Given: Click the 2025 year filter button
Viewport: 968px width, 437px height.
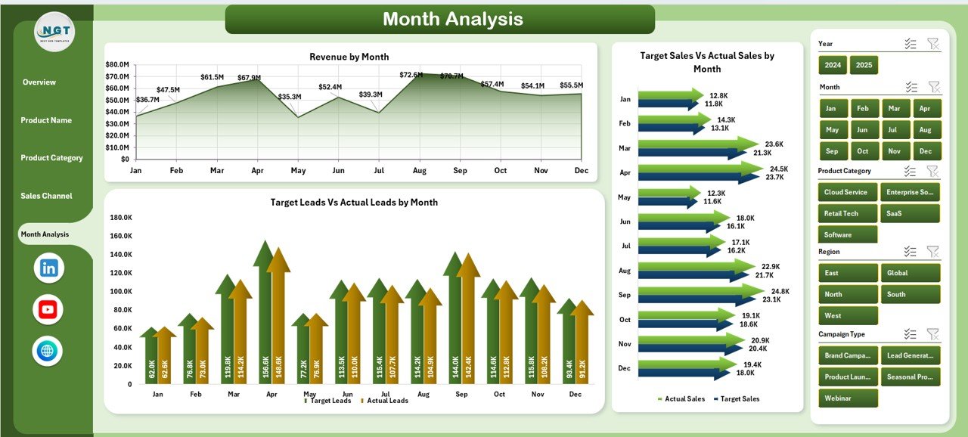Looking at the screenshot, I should (864, 65).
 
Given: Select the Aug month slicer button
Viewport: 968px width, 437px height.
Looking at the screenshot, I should (926, 108).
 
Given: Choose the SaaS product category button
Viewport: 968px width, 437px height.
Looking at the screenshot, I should (910, 213).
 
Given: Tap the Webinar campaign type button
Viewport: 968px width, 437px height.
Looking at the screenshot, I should (848, 398).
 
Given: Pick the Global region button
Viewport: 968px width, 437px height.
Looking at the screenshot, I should (910, 273).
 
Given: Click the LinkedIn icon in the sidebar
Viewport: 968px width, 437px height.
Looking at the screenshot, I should (49, 268).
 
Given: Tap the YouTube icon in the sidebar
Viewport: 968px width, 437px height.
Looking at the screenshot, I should (48, 309).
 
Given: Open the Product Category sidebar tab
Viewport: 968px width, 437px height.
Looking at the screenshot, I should (51, 158).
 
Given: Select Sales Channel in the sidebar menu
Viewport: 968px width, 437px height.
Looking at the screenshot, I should (47, 196).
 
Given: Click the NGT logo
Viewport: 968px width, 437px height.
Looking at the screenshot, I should (54, 32).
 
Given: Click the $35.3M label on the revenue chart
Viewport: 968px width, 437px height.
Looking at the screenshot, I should (290, 97).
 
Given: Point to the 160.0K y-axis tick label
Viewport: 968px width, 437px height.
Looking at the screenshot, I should (121, 236).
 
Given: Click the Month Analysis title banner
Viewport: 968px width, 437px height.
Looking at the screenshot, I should (440, 19).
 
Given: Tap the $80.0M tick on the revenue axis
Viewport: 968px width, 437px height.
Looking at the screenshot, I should (117, 65).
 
